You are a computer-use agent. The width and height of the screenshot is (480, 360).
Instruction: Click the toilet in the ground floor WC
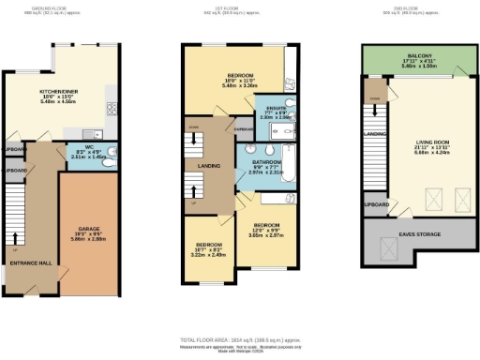111,154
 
